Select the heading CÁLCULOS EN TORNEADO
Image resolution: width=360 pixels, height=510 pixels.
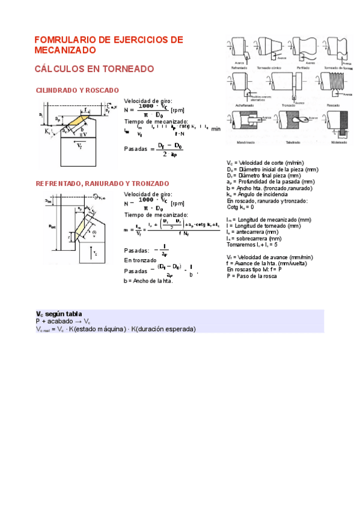tap(94, 69)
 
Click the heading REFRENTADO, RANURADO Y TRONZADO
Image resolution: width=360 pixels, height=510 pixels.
tap(102, 183)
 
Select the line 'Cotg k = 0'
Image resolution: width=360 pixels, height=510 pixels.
tap(240, 207)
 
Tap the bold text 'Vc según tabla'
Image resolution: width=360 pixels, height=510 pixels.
tap(59, 314)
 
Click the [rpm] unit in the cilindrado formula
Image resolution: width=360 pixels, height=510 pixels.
tap(177, 111)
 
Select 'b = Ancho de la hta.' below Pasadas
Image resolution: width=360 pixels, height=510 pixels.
tap(148, 281)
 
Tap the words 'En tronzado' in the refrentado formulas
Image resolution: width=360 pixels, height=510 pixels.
tap(140, 260)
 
